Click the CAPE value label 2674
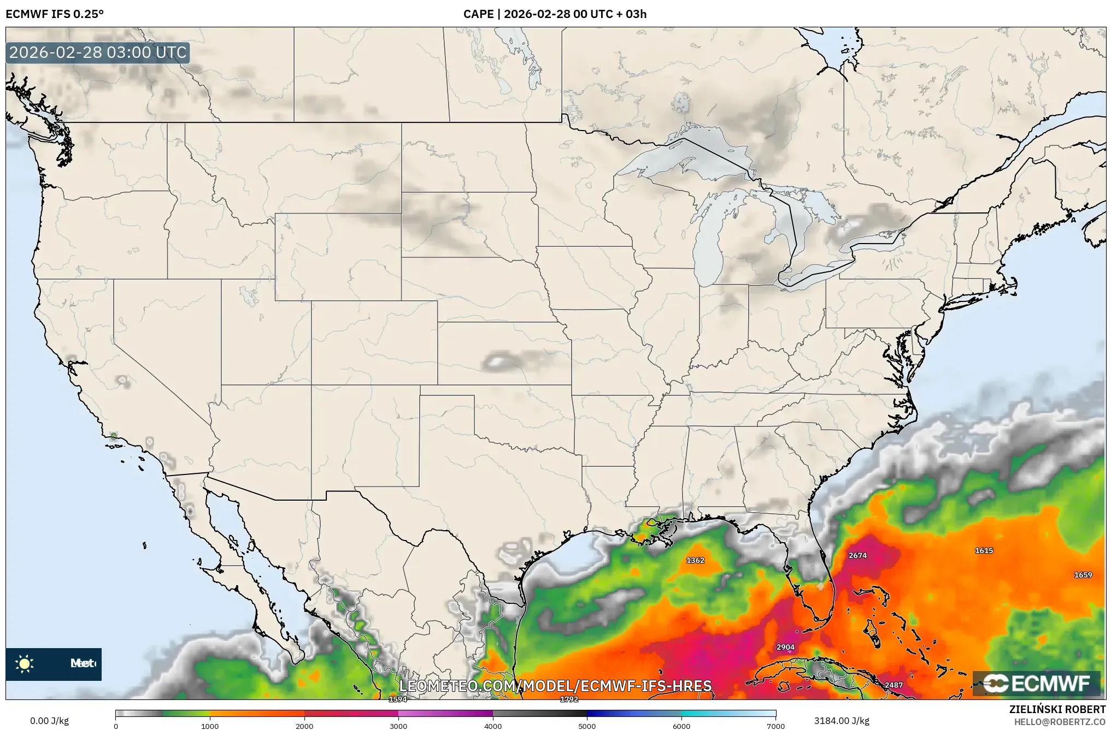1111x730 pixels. [x=857, y=555]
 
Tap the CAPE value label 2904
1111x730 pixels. [x=785, y=647]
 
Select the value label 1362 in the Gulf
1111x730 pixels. [x=695, y=560]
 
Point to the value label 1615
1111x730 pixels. [x=984, y=550]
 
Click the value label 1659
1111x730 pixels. [x=1083, y=575]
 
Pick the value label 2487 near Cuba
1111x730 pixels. [x=893, y=685]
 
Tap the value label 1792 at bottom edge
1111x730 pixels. [x=569, y=699]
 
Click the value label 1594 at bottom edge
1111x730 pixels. [x=397, y=699]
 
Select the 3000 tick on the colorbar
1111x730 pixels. [x=398, y=726]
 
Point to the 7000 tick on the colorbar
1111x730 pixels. [x=775, y=726]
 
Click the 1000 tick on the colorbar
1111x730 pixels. [x=210, y=726]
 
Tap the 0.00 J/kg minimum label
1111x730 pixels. [x=49, y=721]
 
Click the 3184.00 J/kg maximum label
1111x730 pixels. [x=842, y=721]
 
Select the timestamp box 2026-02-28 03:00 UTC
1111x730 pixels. [x=98, y=52]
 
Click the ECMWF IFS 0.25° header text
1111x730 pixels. [x=55, y=14]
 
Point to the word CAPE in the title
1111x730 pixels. [x=478, y=14]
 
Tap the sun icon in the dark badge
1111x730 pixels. [x=25, y=664]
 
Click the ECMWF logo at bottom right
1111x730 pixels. [x=1037, y=683]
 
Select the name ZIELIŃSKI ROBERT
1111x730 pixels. [x=1057, y=709]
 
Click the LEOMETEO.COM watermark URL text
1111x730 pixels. [x=555, y=686]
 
